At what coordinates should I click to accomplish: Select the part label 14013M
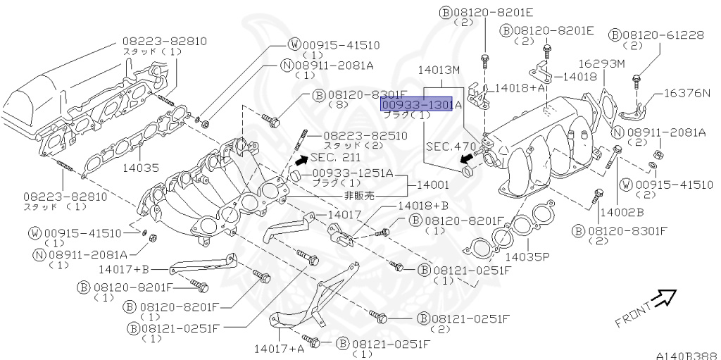(438, 70)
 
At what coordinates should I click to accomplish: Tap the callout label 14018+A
(520, 88)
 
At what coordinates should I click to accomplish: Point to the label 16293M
(601, 64)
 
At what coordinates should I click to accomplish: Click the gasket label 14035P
(527, 257)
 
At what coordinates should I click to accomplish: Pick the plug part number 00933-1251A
(353, 173)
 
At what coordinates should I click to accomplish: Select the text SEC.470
(448, 149)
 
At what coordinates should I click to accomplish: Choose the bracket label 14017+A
(280, 348)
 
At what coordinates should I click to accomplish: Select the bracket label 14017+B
(123, 268)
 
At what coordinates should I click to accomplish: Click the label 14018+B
(422, 205)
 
